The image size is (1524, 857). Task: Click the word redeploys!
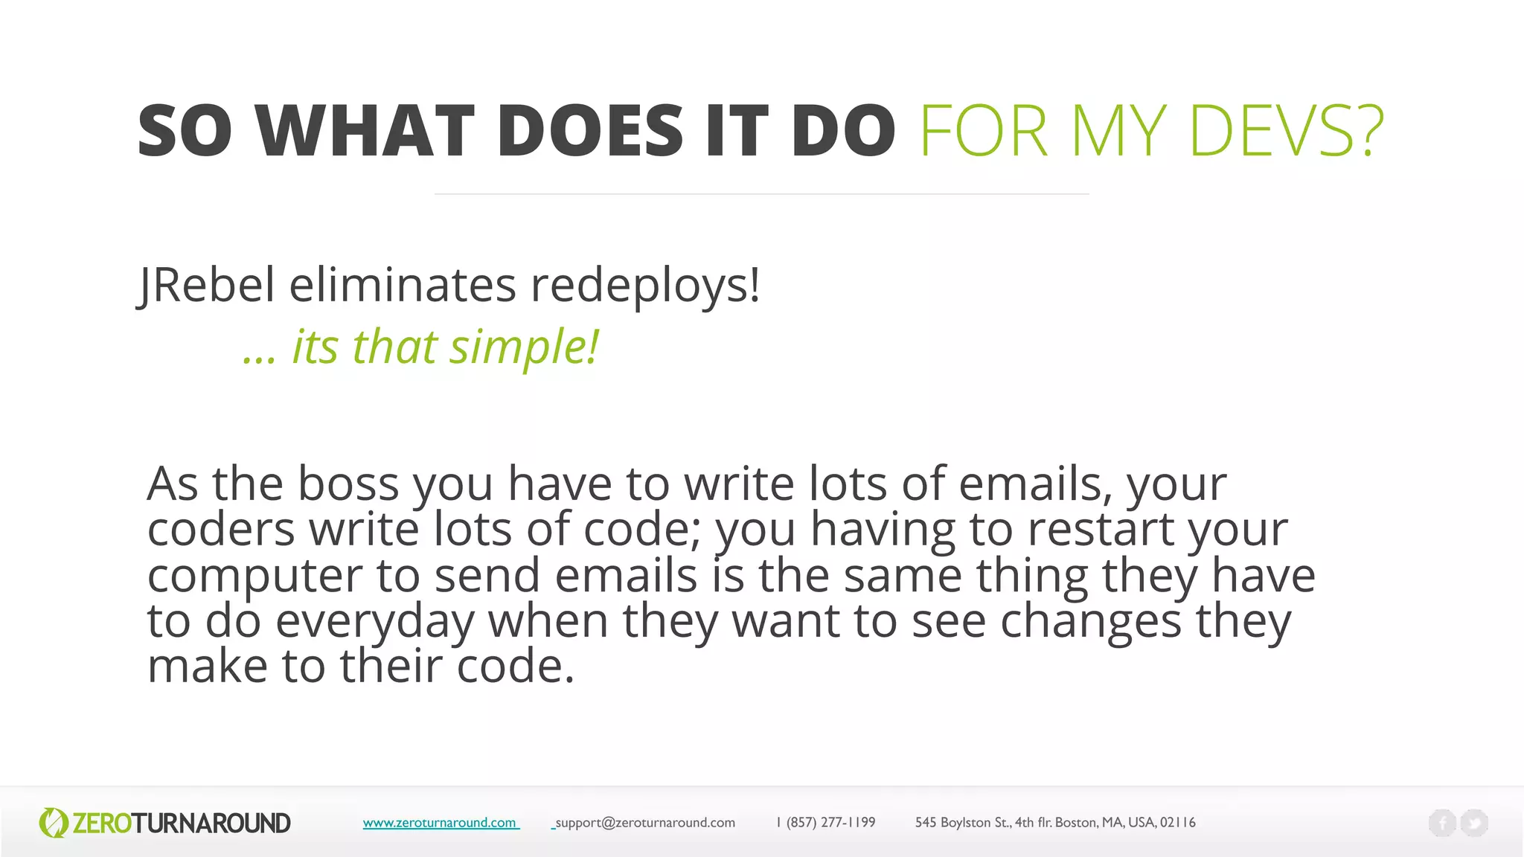(645, 286)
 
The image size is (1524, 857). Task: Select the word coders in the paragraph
(221, 530)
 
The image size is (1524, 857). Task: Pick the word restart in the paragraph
(1100, 530)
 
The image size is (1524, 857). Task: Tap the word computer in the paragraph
(255, 576)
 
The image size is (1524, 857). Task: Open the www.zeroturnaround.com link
(440, 823)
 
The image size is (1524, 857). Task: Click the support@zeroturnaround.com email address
(644, 823)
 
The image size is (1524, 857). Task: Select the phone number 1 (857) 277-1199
(826, 823)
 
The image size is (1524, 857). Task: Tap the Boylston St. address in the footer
(1054, 823)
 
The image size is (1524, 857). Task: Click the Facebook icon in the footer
(1442, 823)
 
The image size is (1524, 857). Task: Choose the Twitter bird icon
(1474, 823)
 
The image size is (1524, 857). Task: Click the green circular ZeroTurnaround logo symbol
(53, 823)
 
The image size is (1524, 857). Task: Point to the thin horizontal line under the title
(761, 194)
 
